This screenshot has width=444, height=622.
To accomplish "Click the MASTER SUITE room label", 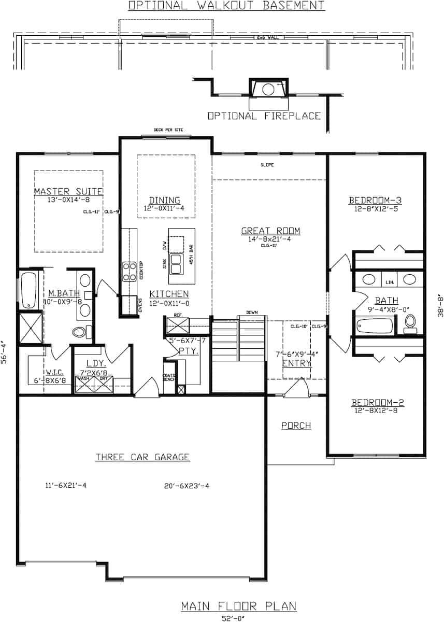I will click(x=68, y=192).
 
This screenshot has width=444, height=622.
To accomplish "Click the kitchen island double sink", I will click(x=176, y=264).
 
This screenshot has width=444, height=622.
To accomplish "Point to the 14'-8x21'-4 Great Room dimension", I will click(x=270, y=239).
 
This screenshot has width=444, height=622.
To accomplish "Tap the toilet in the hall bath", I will click(x=410, y=322).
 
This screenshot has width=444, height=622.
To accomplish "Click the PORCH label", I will click(x=296, y=426).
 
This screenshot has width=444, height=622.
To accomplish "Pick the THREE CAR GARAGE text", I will click(x=142, y=457).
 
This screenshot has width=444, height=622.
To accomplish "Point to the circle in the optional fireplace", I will click(x=268, y=89).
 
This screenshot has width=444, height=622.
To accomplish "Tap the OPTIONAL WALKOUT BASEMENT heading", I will click(x=226, y=6).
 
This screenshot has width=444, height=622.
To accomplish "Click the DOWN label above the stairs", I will click(x=252, y=313).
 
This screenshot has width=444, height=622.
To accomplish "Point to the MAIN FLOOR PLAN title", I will click(x=239, y=606).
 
